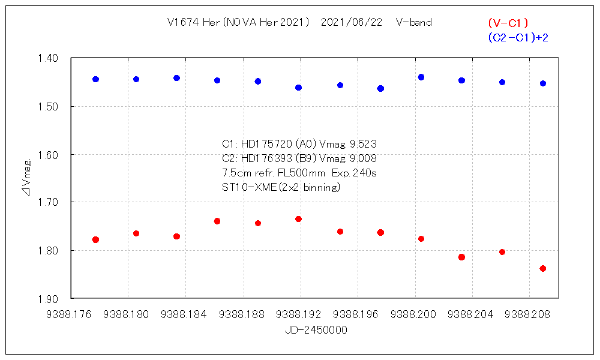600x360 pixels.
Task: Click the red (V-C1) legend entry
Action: click(508, 23)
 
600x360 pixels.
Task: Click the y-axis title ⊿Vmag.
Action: click(26, 178)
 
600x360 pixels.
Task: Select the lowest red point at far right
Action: click(543, 268)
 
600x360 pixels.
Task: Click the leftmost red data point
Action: click(95, 239)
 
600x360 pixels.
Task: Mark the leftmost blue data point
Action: click(95, 79)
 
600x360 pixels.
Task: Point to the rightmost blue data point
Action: click(543, 83)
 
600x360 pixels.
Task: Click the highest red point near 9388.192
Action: click(298, 219)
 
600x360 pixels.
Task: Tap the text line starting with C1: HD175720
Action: click(299, 144)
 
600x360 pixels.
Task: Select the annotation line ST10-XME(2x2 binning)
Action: click(281, 187)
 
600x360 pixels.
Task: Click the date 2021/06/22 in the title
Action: click(352, 23)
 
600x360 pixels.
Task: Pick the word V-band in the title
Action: click(414, 23)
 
